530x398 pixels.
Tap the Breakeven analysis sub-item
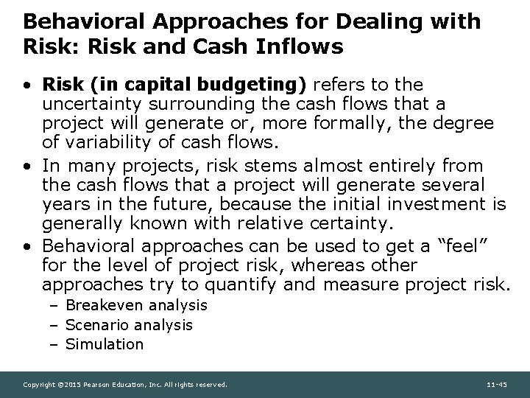[136, 305]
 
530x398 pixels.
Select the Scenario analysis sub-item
[129, 324]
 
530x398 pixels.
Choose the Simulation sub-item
[105, 343]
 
